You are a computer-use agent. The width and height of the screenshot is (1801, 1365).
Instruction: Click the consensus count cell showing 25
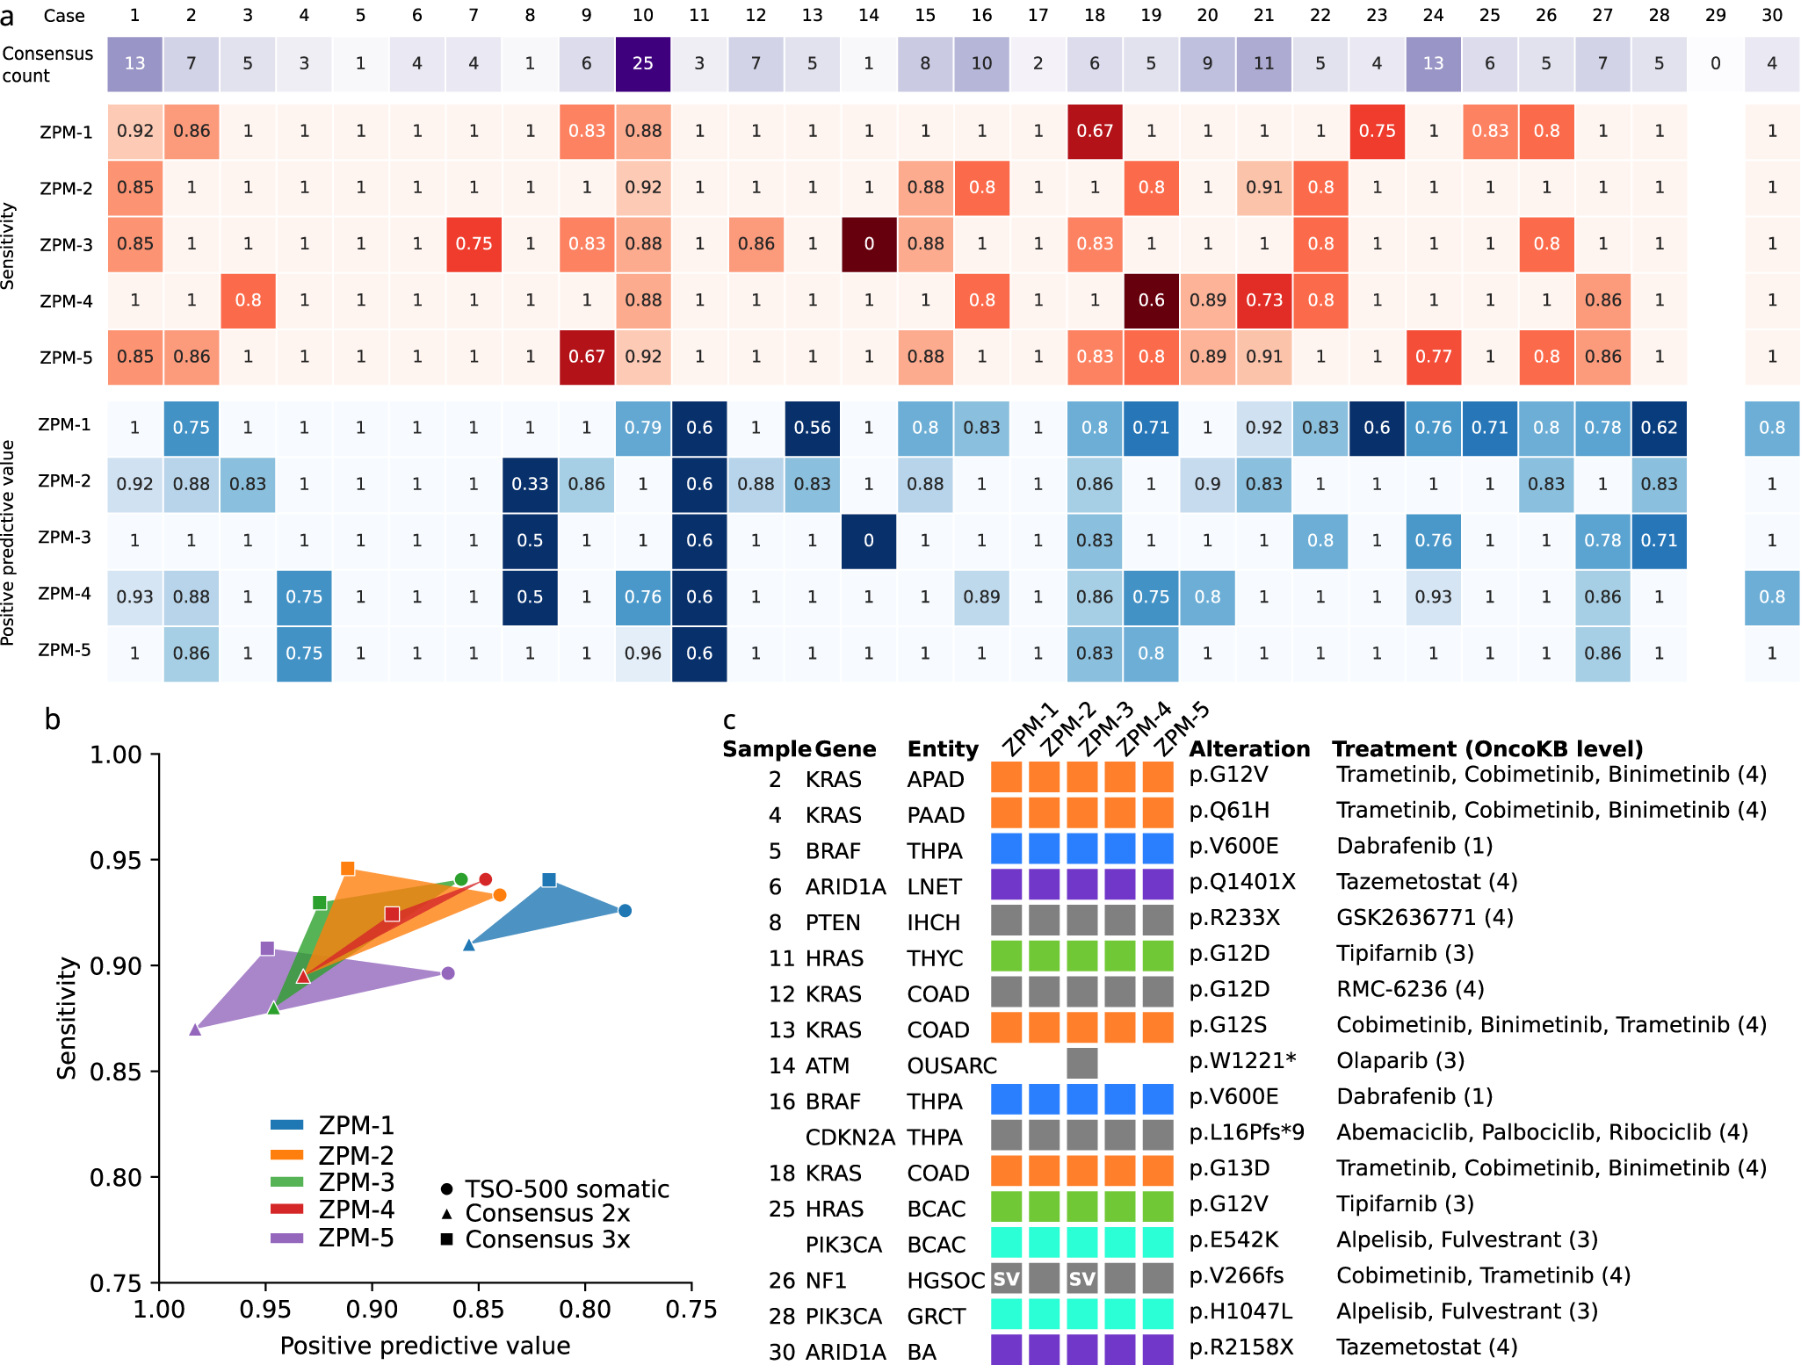tap(642, 63)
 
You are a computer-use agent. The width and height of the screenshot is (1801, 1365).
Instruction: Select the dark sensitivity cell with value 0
tap(868, 244)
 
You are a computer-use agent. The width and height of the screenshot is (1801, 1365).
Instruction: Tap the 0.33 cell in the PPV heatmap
tap(530, 484)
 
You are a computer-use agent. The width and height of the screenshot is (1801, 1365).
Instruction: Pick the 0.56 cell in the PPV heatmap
tap(812, 428)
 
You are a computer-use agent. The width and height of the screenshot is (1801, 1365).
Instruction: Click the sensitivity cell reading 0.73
tap(1263, 300)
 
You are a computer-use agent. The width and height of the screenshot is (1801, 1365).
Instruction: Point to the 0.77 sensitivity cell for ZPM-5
tap(1433, 357)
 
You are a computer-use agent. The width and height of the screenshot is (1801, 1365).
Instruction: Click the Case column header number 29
tap(1715, 15)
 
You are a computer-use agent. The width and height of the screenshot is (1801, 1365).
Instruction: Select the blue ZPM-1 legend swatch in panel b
tap(287, 1125)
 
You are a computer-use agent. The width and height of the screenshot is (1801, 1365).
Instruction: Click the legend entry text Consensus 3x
tap(547, 1239)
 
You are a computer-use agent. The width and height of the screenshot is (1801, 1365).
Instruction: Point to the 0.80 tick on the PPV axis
tap(585, 1310)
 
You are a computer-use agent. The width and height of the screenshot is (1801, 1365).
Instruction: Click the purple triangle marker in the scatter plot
tap(195, 1029)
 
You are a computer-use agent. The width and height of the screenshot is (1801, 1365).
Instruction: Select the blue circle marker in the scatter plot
tap(625, 911)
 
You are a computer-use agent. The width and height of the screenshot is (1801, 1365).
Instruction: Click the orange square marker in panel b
tap(348, 869)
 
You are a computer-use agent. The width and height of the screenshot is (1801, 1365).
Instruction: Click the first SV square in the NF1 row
tap(1006, 1279)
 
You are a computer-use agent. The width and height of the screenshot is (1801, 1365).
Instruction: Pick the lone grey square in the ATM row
tap(1081, 1064)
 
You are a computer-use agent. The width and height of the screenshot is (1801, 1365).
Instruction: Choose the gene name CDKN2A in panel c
tap(850, 1137)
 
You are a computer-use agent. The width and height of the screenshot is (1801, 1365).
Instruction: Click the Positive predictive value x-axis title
tap(425, 1346)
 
